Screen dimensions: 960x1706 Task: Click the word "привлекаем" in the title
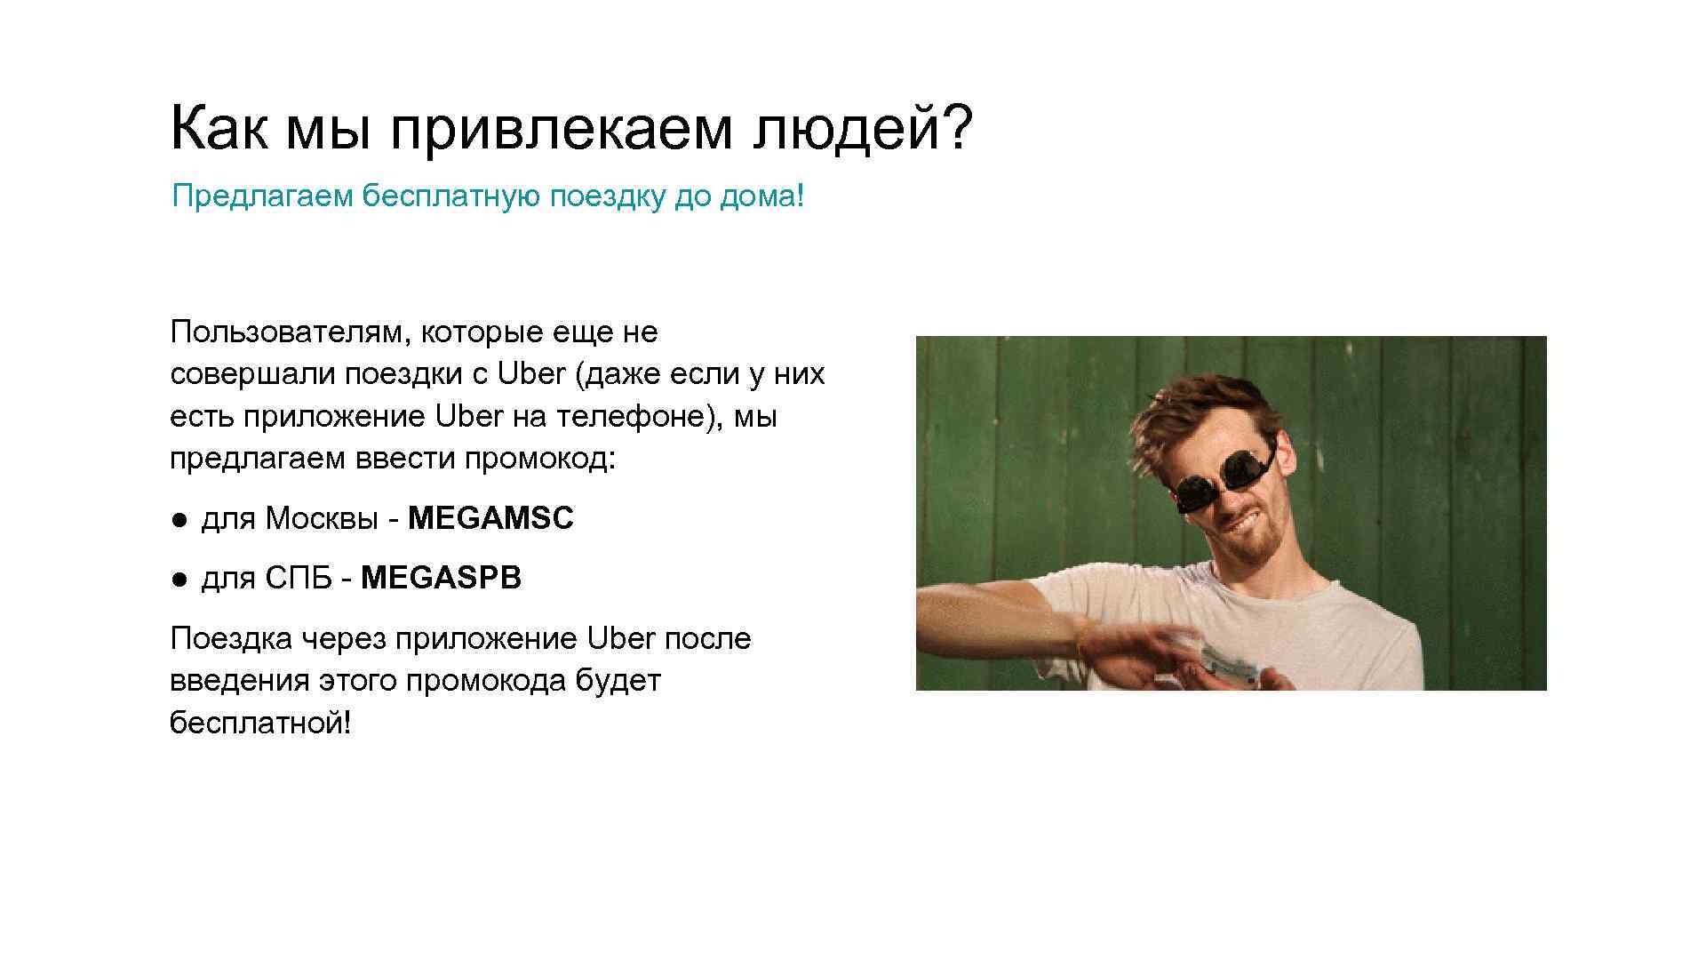point(559,129)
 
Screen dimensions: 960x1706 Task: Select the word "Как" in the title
point(218,129)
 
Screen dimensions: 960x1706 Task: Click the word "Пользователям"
point(288,332)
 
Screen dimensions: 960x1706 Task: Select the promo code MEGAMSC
point(490,518)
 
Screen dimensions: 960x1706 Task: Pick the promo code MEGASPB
point(441,579)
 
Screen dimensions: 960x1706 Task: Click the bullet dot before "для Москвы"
point(179,519)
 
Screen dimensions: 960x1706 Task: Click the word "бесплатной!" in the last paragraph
point(260,723)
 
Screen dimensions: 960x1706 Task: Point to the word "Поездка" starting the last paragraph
point(230,638)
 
